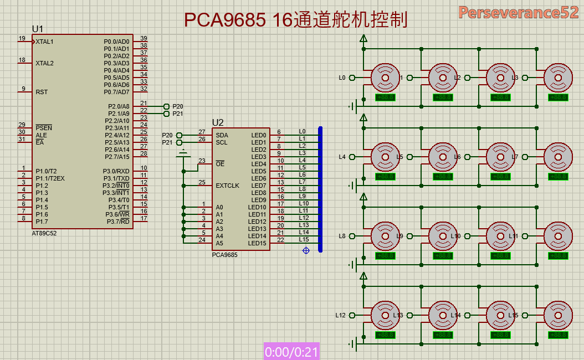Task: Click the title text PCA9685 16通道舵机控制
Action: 295,20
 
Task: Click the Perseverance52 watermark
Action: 518,13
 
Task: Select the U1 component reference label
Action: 38,29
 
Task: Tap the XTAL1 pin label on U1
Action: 44,42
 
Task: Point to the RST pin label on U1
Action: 42,92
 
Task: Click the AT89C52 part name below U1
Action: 44,233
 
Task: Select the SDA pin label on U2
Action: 222,135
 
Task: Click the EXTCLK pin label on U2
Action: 228,186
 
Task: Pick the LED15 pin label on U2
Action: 257,243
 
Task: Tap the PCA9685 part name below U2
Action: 225,255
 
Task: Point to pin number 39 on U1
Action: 144,38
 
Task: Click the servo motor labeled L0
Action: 385,78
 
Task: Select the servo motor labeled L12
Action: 385,315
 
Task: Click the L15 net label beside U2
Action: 304,239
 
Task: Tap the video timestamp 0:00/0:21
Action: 292,352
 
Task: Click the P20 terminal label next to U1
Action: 178,106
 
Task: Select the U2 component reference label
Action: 218,122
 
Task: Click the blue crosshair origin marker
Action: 306,251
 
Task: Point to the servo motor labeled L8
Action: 385,236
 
